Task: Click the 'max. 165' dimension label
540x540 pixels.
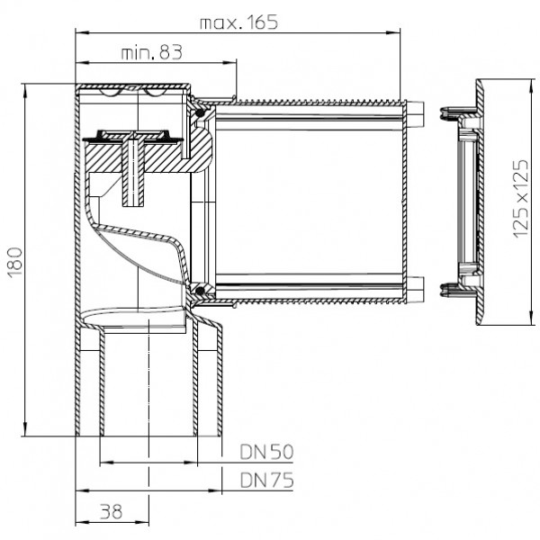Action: [x=238, y=22]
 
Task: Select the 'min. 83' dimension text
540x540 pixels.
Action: [x=151, y=53]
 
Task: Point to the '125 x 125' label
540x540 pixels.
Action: [x=521, y=199]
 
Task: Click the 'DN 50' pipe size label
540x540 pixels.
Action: [x=266, y=452]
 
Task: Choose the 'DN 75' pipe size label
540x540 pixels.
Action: [x=267, y=480]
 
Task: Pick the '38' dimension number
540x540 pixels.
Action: [x=112, y=512]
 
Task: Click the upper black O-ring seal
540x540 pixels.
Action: [x=200, y=113]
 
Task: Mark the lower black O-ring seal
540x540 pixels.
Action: [x=200, y=292]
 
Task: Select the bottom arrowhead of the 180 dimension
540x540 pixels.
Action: [x=25, y=429]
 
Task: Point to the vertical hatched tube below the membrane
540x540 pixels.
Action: [x=133, y=175]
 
